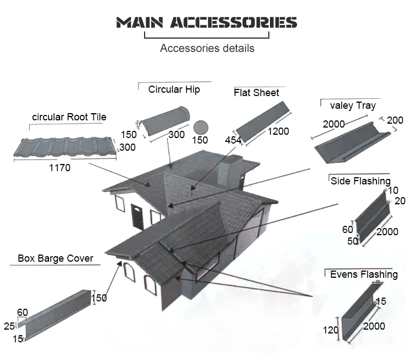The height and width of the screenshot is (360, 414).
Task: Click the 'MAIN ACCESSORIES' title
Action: (206, 23)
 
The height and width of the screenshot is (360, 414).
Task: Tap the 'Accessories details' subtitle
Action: (207, 48)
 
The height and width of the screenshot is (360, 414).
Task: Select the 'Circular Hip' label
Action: (174, 89)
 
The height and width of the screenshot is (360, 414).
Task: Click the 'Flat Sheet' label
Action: (256, 93)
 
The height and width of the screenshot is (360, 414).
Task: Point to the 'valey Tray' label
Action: (352, 105)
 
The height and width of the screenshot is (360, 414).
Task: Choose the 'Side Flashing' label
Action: (360, 181)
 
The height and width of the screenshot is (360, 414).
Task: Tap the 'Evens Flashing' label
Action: (363, 274)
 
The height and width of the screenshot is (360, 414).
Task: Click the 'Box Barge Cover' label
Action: (55, 258)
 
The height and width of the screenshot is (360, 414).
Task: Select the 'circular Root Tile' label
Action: (69, 117)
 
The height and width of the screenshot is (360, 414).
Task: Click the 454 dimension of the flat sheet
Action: (233, 141)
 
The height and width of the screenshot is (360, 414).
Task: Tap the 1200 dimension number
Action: (278, 131)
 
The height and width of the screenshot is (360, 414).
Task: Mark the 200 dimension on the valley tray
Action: (395, 120)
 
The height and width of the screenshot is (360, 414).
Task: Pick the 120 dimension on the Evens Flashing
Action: (331, 330)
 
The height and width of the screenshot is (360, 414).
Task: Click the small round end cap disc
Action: (201, 125)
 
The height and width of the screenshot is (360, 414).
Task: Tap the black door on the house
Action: (136, 214)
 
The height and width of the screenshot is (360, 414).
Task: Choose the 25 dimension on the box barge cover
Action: (9, 326)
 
